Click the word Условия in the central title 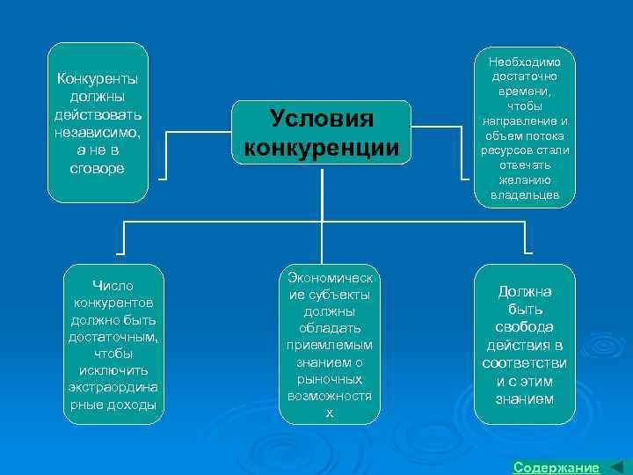[x=322, y=119]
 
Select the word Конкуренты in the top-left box [x=97, y=79]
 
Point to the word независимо [x=97, y=132]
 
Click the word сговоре [x=97, y=167]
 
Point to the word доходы [x=134, y=404]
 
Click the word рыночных [x=330, y=379]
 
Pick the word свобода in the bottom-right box [x=526, y=326]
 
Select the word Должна [x=526, y=291]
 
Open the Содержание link [x=556, y=467]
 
